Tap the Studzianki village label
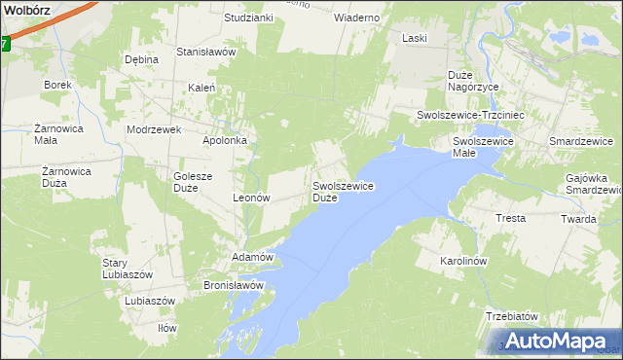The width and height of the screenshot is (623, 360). pos(248,18)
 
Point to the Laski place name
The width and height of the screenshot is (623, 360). pos(416,38)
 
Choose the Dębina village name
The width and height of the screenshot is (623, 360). pos(141,59)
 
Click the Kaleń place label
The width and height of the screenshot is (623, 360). pos(202,88)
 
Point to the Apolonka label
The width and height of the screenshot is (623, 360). pos(224,140)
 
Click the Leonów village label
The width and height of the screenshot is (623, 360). pos(251,197)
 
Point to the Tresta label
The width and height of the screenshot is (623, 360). pos(511,218)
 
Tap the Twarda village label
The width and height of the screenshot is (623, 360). pos(578,219)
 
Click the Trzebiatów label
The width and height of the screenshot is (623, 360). pos(512,317)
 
